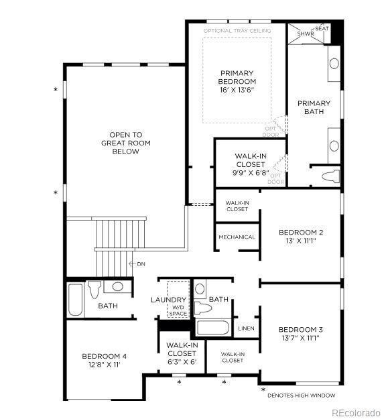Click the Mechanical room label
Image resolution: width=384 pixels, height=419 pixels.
pos(237,237)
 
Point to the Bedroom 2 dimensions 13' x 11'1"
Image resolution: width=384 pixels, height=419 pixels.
pos(301,241)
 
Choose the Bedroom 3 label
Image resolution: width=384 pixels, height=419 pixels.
pos(301,329)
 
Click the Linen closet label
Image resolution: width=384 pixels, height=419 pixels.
pos(245,328)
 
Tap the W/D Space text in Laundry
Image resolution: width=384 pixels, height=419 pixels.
pos(178,310)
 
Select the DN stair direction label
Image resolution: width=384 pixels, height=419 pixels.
pos(141,264)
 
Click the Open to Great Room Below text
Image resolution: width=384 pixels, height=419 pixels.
pos(126,143)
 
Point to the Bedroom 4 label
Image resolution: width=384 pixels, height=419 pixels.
pos(104,356)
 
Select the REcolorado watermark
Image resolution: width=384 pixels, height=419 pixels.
pos(356,412)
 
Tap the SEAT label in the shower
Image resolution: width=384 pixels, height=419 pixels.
pos(322,29)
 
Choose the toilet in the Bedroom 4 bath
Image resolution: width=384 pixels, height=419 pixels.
pos(94,290)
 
